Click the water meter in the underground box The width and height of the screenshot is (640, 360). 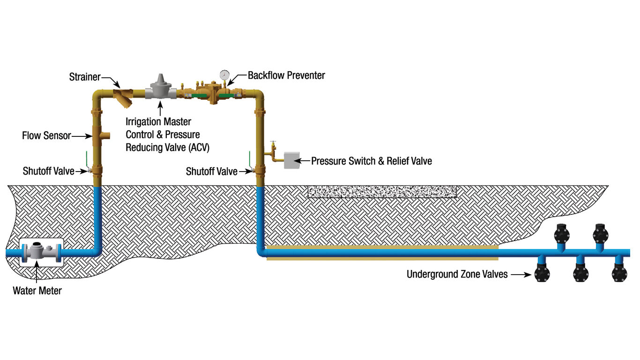pyautogui.click(x=41, y=252)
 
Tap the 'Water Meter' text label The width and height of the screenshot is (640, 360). pyautogui.click(x=37, y=291)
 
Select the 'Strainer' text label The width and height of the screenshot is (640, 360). pyautogui.click(x=85, y=76)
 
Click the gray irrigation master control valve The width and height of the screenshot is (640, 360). pyautogui.click(x=161, y=88)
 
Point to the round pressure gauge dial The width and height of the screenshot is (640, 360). pyautogui.click(x=225, y=75)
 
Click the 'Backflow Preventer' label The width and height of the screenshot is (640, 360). pyautogui.click(x=286, y=75)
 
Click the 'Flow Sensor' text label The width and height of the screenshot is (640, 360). pyautogui.click(x=46, y=136)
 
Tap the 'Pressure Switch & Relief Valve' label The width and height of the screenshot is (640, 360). pyautogui.click(x=372, y=161)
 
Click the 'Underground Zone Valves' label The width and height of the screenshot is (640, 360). pyautogui.click(x=457, y=274)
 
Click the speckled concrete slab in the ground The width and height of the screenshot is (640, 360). pyautogui.click(x=382, y=192)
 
